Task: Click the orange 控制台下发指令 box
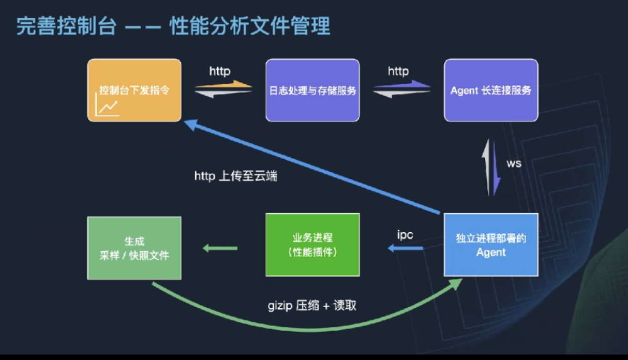coord(134,90)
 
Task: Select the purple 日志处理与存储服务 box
coord(312,90)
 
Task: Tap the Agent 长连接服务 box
coord(491,90)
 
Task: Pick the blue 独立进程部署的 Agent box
coord(491,245)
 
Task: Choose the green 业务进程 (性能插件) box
coord(312,245)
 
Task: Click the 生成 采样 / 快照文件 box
coord(134,248)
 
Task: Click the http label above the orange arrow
coord(220,71)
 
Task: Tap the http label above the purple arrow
coord(398,71)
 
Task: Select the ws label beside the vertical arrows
coord(514,163)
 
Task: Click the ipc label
coord(405,234)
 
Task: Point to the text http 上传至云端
coord(236,176)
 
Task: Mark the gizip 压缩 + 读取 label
coord(312,305)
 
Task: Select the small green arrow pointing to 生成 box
coord(220,248)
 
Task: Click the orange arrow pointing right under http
coord(223,84)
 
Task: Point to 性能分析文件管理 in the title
coord(250,26)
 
